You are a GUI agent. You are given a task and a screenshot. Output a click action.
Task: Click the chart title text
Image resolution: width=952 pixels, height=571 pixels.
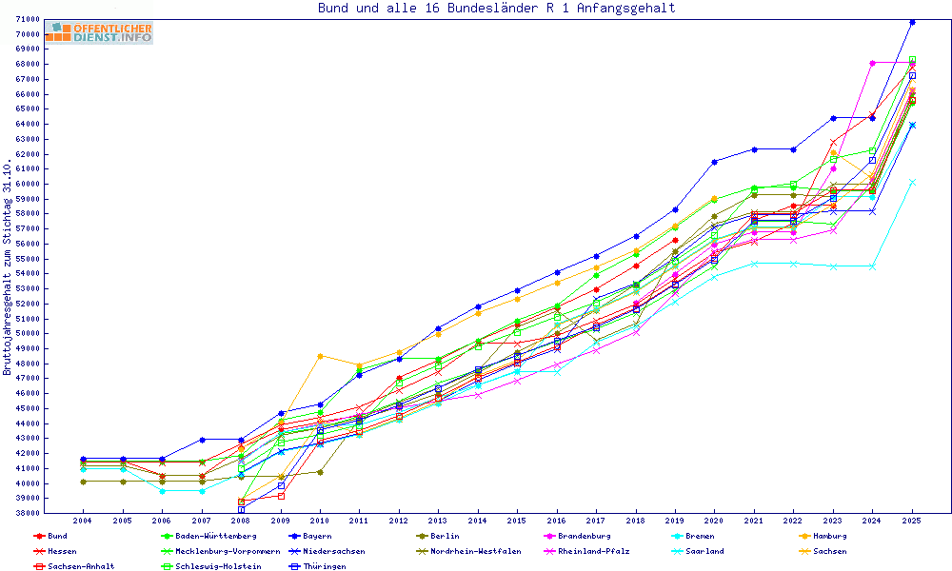(x=496, y=9)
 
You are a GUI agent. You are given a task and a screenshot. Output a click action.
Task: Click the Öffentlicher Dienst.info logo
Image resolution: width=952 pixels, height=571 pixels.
(x=99, y=33)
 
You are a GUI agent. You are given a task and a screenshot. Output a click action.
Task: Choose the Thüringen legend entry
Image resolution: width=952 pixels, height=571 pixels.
(x=321, y=566)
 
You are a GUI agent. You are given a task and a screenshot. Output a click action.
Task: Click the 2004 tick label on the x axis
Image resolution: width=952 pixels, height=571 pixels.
(x=83, y=522)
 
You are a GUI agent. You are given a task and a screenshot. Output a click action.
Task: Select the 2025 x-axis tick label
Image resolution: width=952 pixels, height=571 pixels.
(x=912, y=522)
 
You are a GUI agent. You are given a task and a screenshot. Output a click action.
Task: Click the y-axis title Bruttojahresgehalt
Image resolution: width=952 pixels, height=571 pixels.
(x=8, y=267)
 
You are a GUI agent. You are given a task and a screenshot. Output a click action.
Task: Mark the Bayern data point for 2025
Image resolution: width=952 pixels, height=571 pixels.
(x=912, y=22)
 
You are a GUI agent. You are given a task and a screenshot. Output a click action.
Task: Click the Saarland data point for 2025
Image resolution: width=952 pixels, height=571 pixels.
(x=912, y=182)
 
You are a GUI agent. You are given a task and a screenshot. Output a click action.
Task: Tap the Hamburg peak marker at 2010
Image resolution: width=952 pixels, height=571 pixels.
(x=320, y=356)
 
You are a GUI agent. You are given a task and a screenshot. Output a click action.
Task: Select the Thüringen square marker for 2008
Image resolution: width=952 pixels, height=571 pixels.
(x=241, y=510)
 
